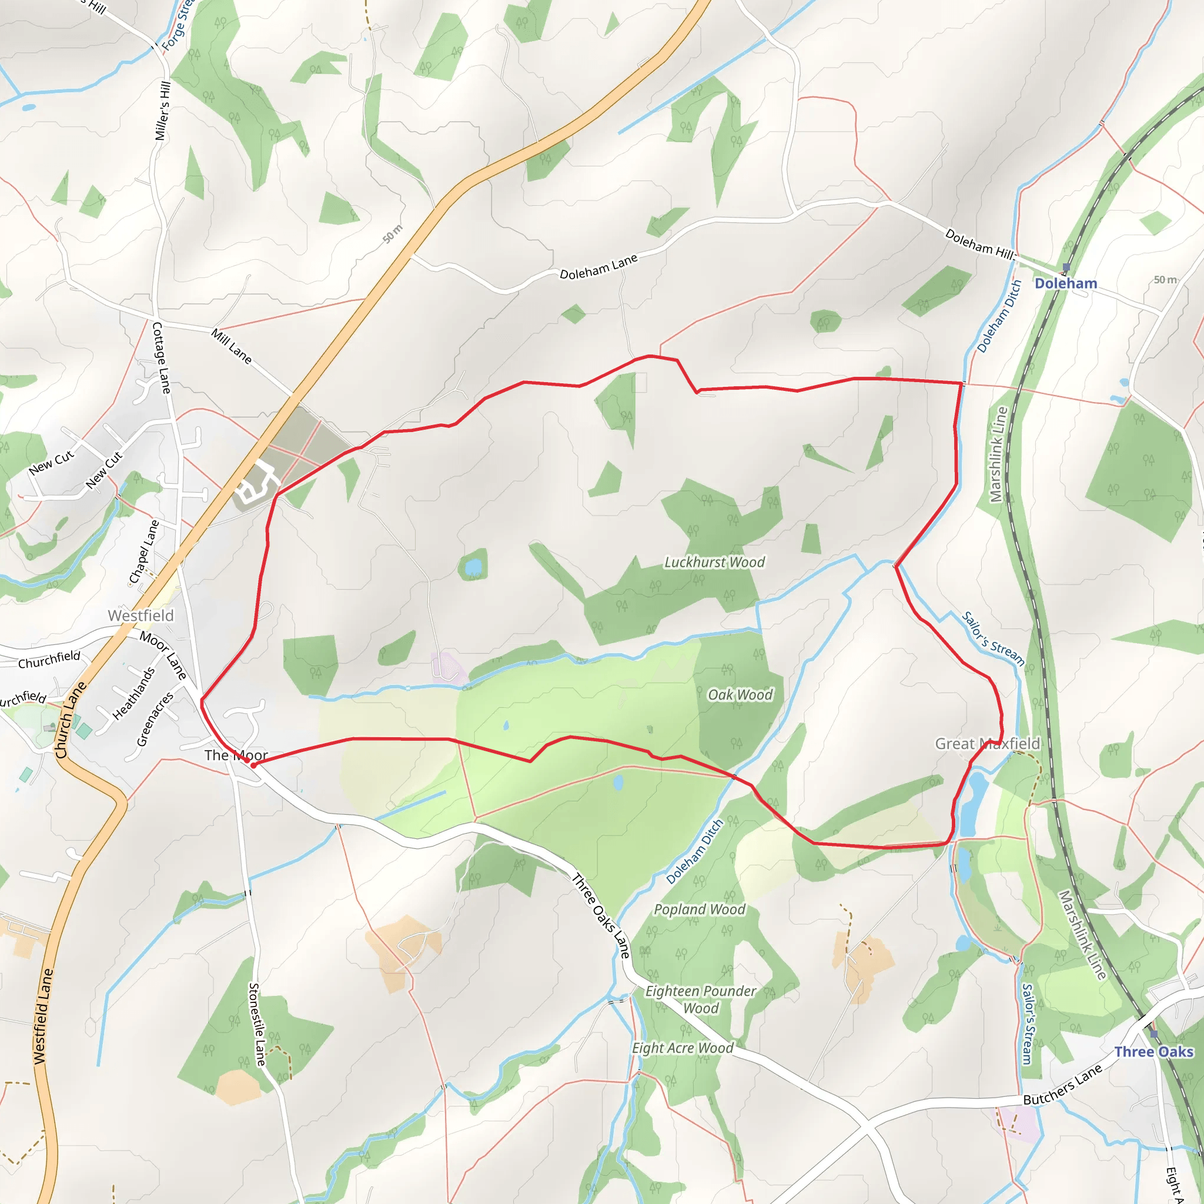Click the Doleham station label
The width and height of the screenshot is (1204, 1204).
pyautogui.click(x=1066, y=283)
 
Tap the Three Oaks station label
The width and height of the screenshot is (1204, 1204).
pyautogui.click(x=1153, y=1052)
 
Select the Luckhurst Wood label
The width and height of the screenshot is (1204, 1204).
pyautogui.click(x=714, y=562)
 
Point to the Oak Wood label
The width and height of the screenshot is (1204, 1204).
pyautogui.click(x=740, y=695)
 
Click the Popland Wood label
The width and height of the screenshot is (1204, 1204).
pyautogui.click(x=699, y=910)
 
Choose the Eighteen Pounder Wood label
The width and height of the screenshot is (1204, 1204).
pyautogui.click(x=700, y=999)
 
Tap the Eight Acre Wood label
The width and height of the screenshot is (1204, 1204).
pyautogui.click(x=683, y=1048)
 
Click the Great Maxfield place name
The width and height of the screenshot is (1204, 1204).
pyautogui.click(x=987, y=744)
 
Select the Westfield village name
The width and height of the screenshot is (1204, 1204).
pyautogui.click(x=141, y=616)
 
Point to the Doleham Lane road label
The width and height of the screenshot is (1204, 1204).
pyautogui.click(x=598, y=267)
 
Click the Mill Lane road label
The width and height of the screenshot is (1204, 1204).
pyautogui.click(x=231, y=346)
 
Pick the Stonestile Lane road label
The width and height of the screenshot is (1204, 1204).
pyautogui.click(x=257, y=1025)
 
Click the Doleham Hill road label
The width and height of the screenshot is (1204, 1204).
pyautogui.click(x=979, y=243)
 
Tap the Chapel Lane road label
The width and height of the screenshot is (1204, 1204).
pyautogui.click(x=144, y=552)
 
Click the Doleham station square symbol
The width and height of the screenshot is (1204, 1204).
pyautogui.click(x=1066, y=267)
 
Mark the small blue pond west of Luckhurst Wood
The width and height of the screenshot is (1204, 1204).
pyautogui.click(x=474, y=567)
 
